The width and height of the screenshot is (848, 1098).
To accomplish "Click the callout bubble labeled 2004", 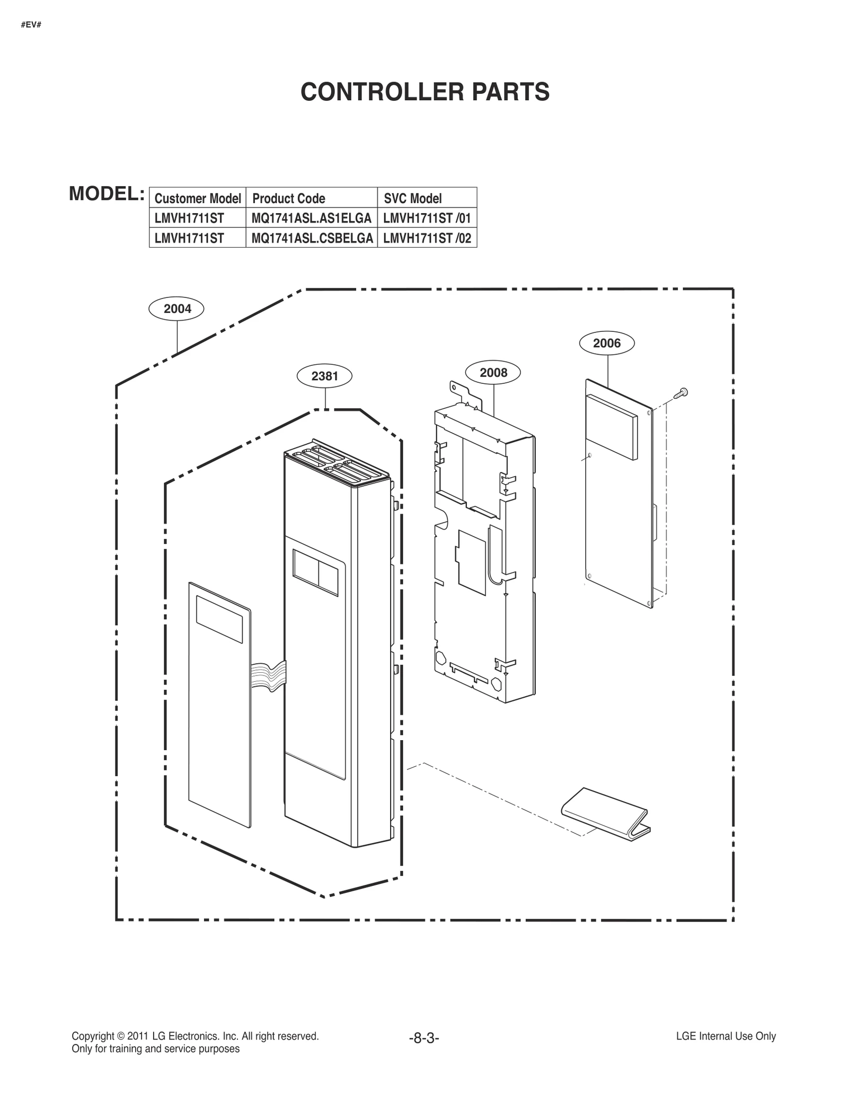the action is (x=177, y=309).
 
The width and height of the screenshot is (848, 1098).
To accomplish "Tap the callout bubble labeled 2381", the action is (x=324, y=376).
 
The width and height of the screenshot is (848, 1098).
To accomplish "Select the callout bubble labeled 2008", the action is (x=493, y=373).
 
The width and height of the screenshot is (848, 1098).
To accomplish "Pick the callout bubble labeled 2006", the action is (x=607, y=343).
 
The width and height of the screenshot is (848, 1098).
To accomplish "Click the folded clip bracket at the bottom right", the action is (x=605, y=815).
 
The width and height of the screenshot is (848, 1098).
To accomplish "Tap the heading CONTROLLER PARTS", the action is (x=425, y=92).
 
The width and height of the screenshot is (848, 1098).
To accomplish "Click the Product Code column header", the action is (x=288, y=198).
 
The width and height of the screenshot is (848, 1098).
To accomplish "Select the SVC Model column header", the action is (x=412, y=198).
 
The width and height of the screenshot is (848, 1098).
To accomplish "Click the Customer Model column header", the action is (x=198, y=198).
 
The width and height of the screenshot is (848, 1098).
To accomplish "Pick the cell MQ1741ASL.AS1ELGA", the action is (x=312, y=218).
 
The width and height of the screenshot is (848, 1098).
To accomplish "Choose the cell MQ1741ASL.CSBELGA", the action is (x=312, y=238).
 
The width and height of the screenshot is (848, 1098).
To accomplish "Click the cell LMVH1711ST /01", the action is (x=427, y=218).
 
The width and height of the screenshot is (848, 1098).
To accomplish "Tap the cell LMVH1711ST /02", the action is (x=427, y=238).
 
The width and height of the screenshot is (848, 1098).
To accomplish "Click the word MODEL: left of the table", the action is (x=107, y=194).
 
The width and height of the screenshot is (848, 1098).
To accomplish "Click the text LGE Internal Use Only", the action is (x=726, y=1036).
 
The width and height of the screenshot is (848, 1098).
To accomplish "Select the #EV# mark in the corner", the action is (x=31, y=25).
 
